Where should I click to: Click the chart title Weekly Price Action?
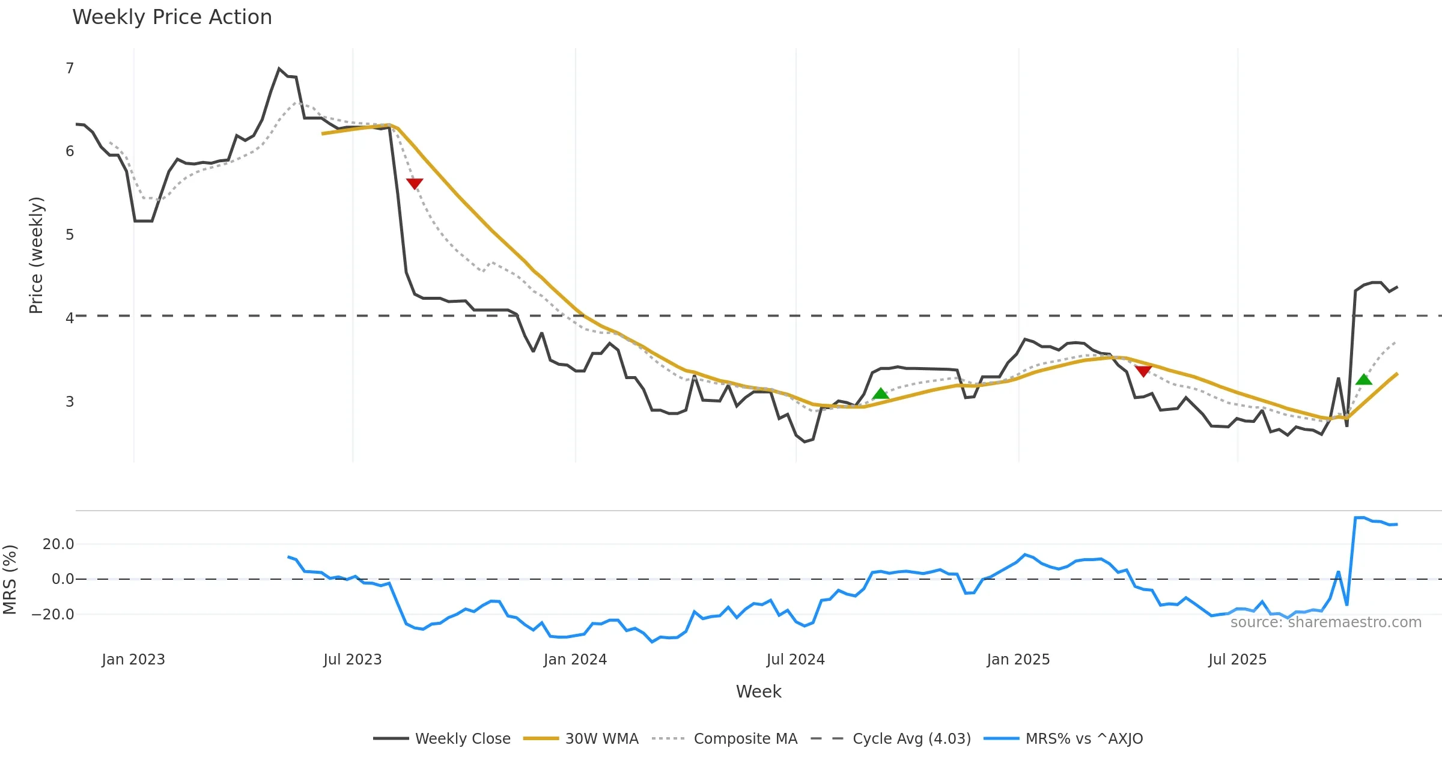click(172, 17)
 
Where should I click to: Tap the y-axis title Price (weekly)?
click(36, 255)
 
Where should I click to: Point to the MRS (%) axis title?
click(10, 579)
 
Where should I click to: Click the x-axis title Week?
click(758, 692)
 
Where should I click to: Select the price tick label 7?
click(70, 68)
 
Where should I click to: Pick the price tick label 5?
click(70, 234)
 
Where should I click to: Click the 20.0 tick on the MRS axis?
click(58, 544)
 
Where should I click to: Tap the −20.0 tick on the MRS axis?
click(53, 614)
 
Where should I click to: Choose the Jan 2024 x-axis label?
click(575, 660)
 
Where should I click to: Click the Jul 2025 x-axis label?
click(1237, 660)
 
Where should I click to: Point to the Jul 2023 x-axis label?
click(353, 660)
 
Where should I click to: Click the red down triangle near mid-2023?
click(415, 183)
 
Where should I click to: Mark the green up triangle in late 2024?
click(881, 394)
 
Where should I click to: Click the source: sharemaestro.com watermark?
click(1325, 622)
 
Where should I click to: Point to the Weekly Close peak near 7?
click(279, 69)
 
